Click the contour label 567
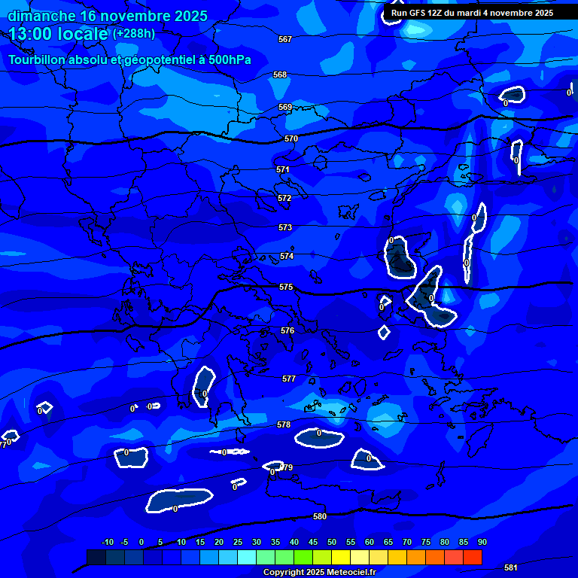pyautogui.click(x=284, y=39)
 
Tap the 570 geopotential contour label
pyautogui.click(x=291, y=139)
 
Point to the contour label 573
pyautogui.click(x=285, y=227)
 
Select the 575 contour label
pyautogui.click(x=286, y=287)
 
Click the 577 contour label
pyautogui.click(x=289, y=379)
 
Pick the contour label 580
pyautogui.click(x=320, y=516)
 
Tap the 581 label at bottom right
pyautogui.click(x=510, y=567)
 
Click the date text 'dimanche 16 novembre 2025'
pyautogui.click(x=108, y=16)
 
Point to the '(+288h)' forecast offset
pyautogui.click(x=134, y=34)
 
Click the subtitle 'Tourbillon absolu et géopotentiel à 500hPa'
pyautogui.click(x=129, y=60)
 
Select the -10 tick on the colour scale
pyautogui.click(x=107, y=543)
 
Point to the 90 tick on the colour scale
pyautogui.click(x=482, y=543)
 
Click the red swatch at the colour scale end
pyautogui.click(x=473, y=557)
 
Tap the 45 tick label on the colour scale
pyautogui.click(x=312, y=543)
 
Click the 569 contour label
pyautogui.click(x=285, y=108)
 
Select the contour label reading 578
pyautogui.click(x=284, y=425)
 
